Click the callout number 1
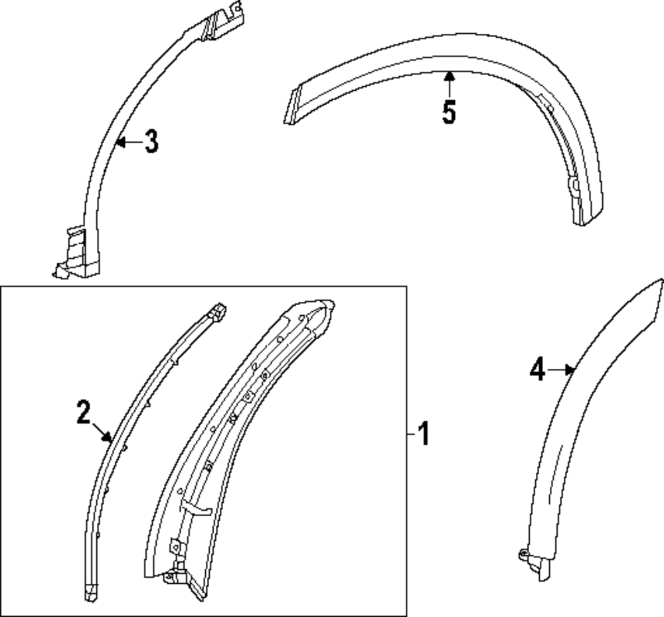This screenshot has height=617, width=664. [423, 435]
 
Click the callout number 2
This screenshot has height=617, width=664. [83, 413]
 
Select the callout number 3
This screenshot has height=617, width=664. [151, 141]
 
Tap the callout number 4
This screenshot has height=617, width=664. [537, 370]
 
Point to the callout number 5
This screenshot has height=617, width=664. [450, 112]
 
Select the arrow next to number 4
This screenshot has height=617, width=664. [561, 370]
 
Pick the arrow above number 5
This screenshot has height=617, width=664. [450, 82]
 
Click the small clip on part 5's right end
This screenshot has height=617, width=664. [573, 186]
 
